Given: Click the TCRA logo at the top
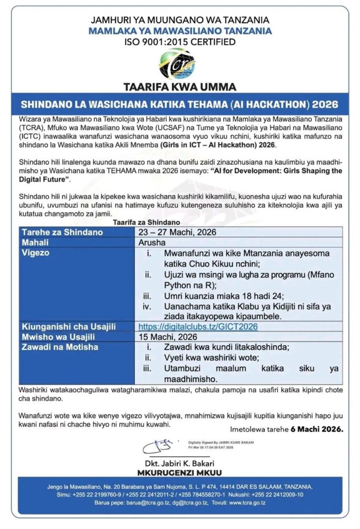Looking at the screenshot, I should click(x=178, y=63).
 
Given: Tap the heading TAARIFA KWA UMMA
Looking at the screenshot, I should click(x=180, y=86).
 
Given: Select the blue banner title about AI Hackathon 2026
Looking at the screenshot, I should click(x=180, y=104).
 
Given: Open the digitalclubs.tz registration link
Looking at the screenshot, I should click(x=198, y=326).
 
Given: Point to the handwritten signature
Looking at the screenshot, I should click(x=157, y=445).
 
